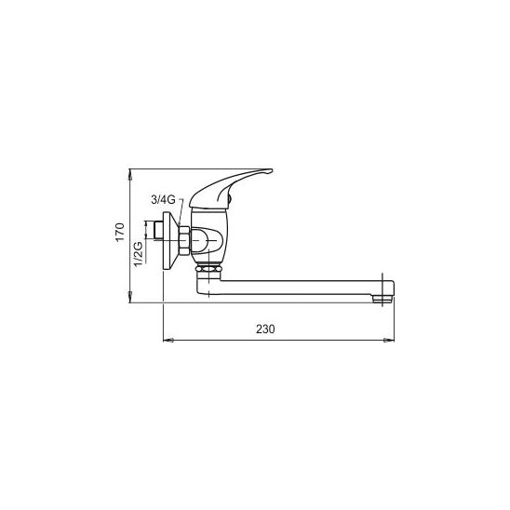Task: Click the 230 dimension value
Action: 265,329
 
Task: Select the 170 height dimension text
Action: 120,232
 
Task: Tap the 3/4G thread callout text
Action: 163,199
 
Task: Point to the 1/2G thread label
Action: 139,254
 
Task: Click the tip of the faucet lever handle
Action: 271,170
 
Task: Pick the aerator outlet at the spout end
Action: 382,299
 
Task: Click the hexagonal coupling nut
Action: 183,240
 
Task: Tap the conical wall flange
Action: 170,241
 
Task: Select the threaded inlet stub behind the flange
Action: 158,231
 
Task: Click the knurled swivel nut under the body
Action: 208,269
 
